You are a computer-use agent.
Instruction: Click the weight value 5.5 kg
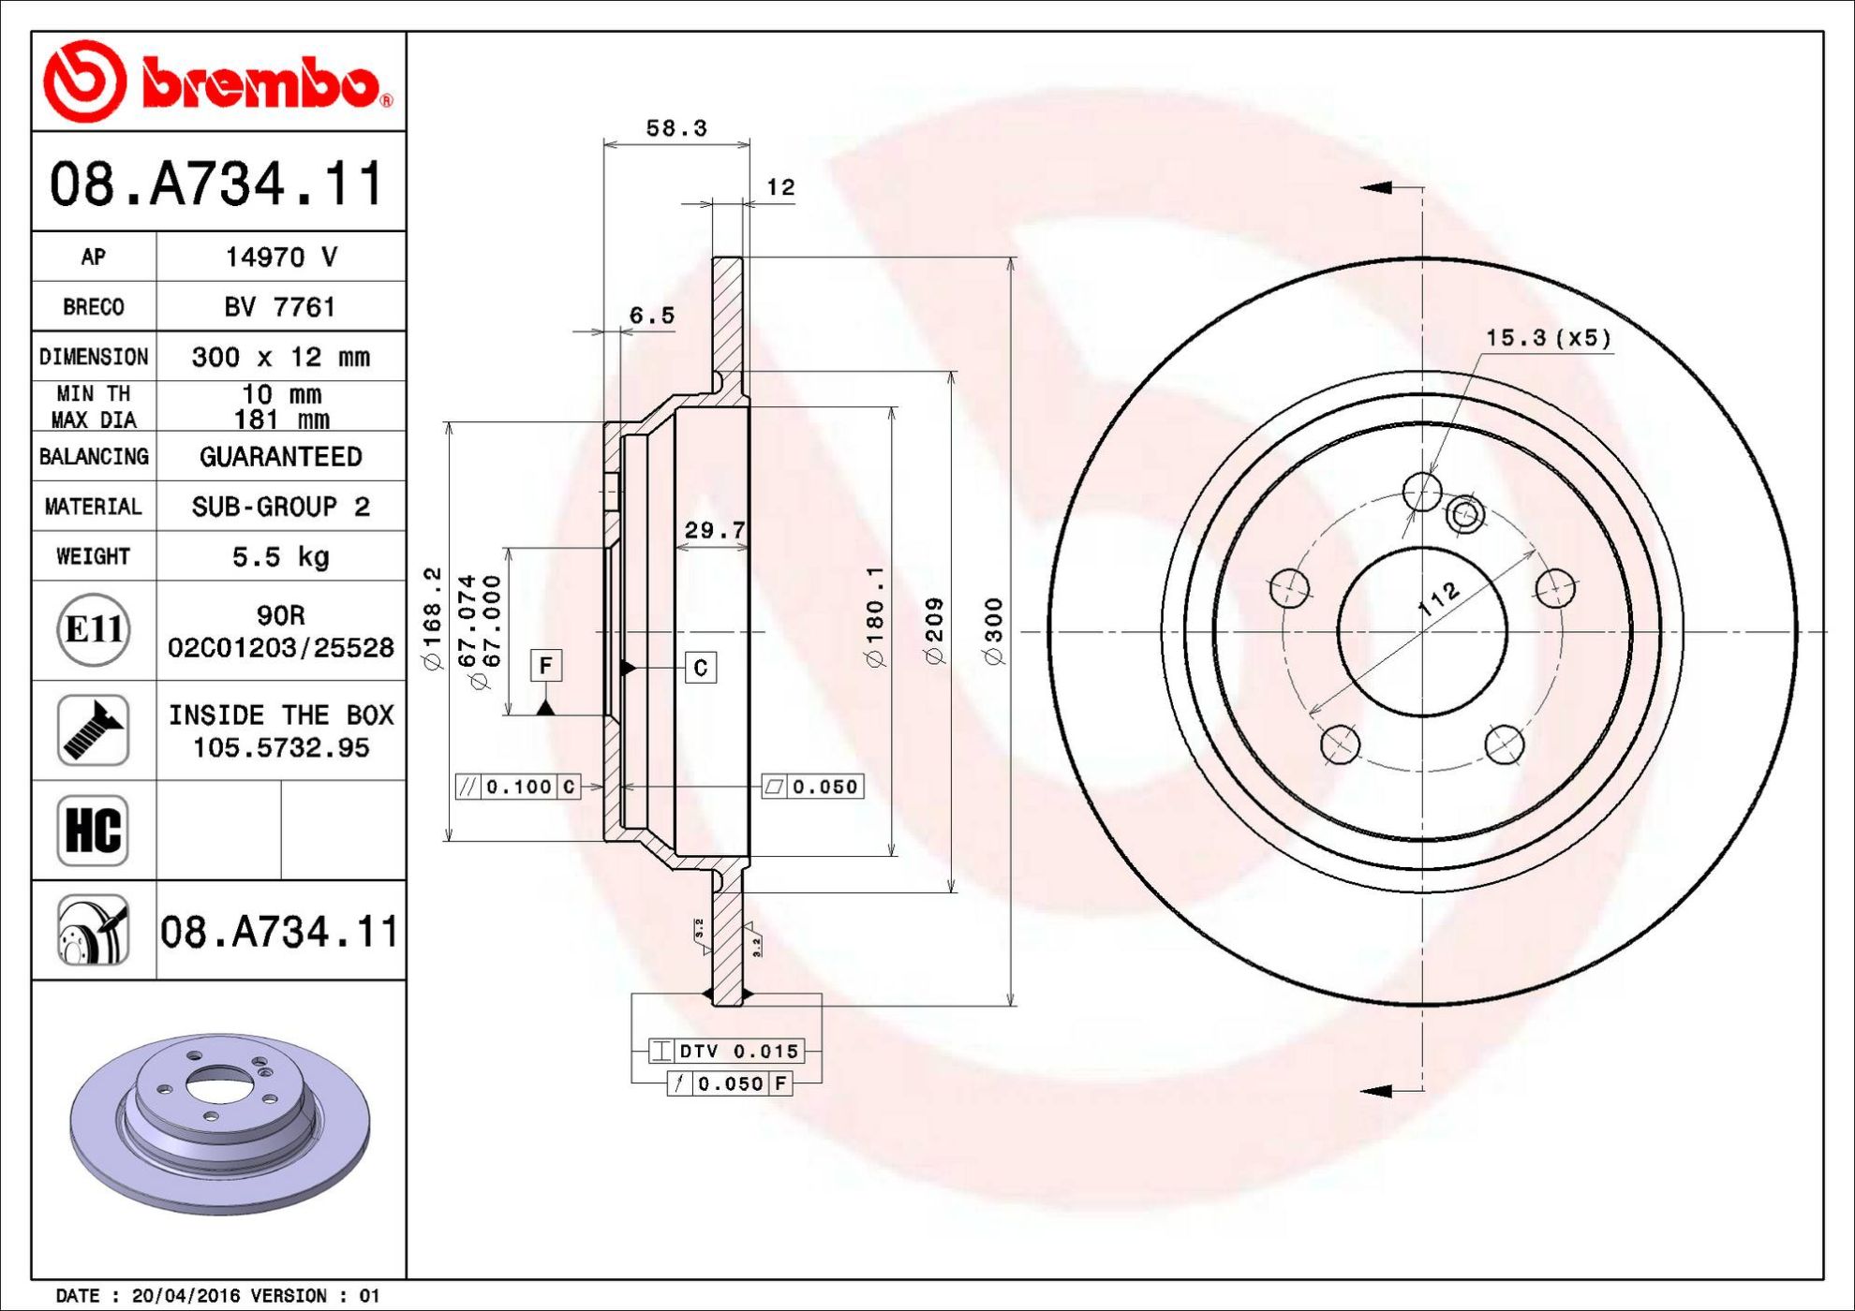281,557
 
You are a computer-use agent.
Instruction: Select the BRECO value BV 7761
280,307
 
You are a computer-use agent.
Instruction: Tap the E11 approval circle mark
94,629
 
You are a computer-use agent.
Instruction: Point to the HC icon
93,831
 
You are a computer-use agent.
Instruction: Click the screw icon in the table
93,730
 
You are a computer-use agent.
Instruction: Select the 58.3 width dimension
676,128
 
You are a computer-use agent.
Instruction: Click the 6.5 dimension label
652,316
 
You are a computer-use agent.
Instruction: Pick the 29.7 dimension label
715,531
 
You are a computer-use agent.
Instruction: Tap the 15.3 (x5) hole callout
1549,338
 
